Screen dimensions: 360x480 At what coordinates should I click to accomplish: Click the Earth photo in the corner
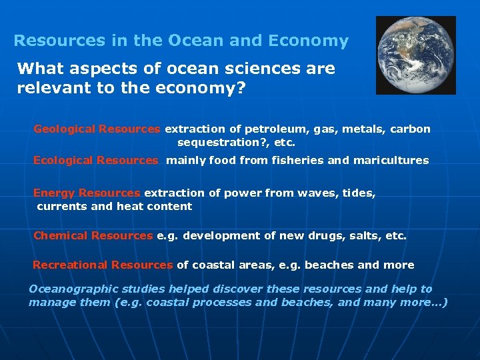[416, 55]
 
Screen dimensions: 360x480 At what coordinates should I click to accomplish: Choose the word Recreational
[70, 265]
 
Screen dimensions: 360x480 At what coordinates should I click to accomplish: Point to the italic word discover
[242, 289]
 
